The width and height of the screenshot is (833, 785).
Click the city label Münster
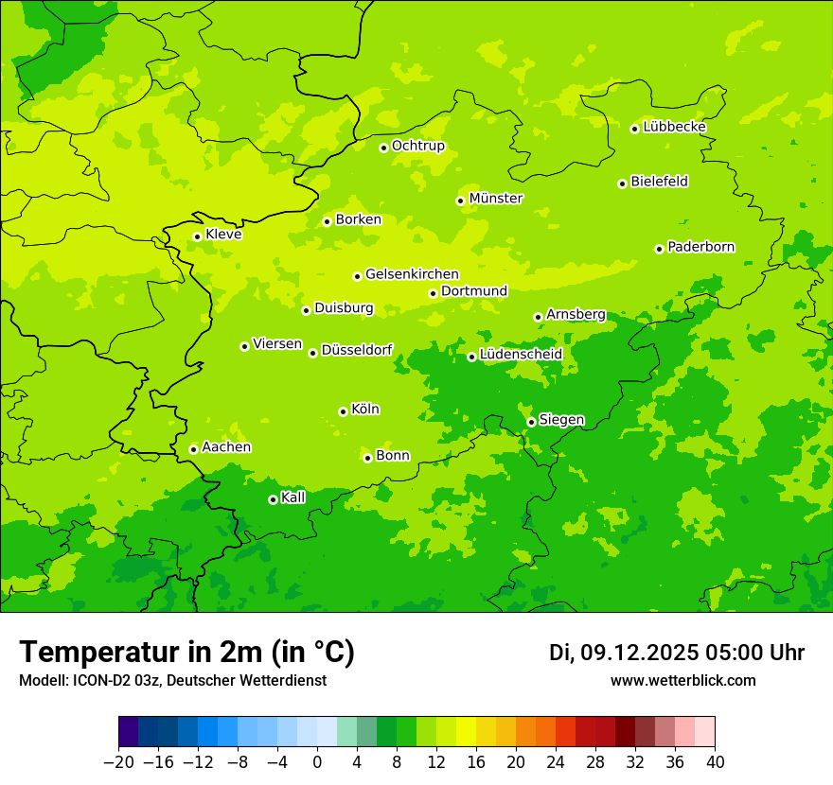coord(495,199)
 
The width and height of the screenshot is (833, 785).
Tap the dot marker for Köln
coord(343,411)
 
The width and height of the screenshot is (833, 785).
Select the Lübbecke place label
coord(674,127)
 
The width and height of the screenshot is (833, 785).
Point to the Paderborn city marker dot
coord(659,249)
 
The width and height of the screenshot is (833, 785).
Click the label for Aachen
coord(226,447)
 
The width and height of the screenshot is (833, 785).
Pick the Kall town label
coord(293,497)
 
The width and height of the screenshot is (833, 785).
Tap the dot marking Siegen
coord(531,422)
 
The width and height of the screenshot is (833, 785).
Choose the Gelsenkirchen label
coord(412,274)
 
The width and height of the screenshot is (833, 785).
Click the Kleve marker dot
coord(197,236)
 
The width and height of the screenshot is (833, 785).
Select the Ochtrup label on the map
coord(417,146)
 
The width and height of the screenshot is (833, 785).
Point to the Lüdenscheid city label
coord(521,355)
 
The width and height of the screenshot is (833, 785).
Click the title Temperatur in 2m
coord(187,653)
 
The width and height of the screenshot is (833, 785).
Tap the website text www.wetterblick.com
coord(682,681)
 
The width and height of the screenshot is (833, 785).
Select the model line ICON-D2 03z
coord(172,681)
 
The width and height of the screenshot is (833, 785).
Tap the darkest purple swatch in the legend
coord(128,732)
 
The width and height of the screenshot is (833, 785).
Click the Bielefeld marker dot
coord(622,183)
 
